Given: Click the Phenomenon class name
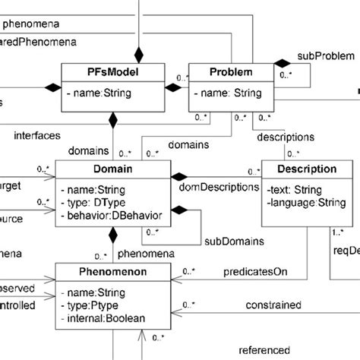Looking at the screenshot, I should (x=112, y=270).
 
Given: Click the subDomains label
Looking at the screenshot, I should (x=232, y=241).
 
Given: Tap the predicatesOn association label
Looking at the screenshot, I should (x=257, y=271).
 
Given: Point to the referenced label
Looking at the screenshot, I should (x=264, y=350).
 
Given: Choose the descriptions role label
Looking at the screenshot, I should (x=286, y=137).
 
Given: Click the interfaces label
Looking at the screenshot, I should (x=38, y=137).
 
